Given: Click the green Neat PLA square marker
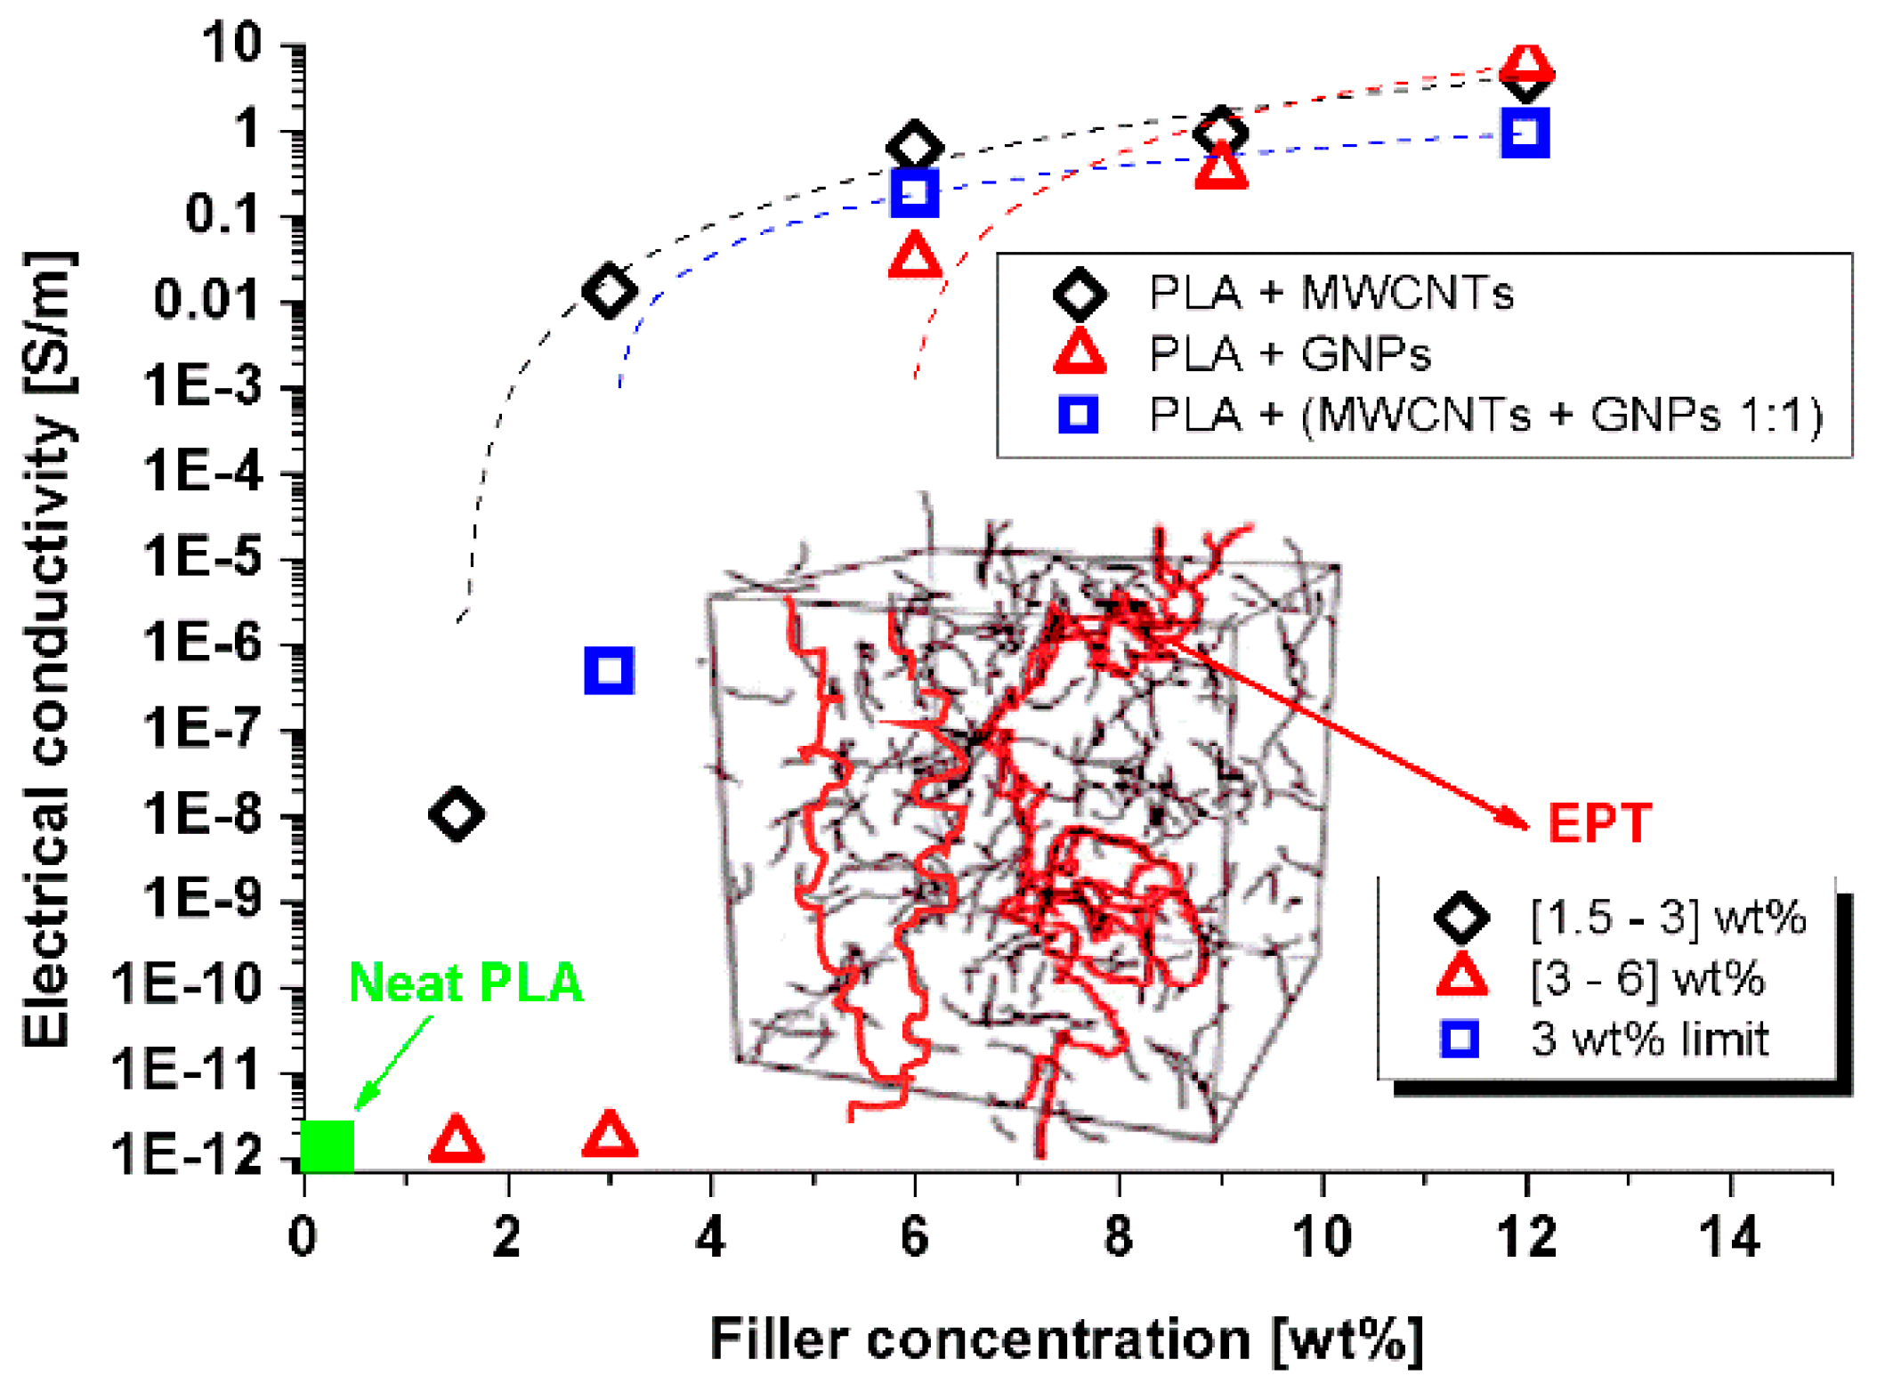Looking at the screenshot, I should click(x=328, y=1145).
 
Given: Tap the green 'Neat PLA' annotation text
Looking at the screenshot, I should click(x=465, y=983).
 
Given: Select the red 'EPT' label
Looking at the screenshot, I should click(x=1599, y=823).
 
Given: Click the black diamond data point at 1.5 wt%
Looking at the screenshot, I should click(x=457, y=813).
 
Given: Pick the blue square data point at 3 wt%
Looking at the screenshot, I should click(x=610, y=670).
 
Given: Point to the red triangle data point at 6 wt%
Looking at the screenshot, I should click(x=915, y=256).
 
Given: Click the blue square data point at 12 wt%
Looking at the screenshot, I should click(x=1525, y=133).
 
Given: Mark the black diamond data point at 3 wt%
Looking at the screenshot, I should click(x=610, y=290).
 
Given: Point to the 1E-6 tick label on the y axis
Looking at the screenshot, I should click(x=203, y=643).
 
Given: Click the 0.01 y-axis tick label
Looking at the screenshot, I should click(x=208, y=300).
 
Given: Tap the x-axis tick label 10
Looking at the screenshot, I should click(x=1322, y=1237).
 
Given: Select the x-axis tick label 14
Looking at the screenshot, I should click(x=1729, y=1237).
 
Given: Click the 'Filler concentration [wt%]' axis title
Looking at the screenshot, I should click(x=1065, y=1339).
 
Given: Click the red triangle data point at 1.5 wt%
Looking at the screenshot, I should click(x=457, y=1139).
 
